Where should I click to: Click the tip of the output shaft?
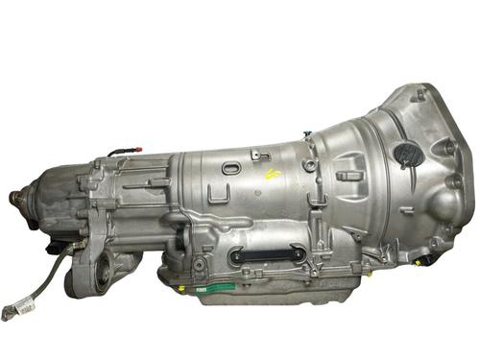(13, 198)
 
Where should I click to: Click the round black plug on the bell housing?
(406, 153)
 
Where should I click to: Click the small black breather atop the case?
(306, 136)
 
